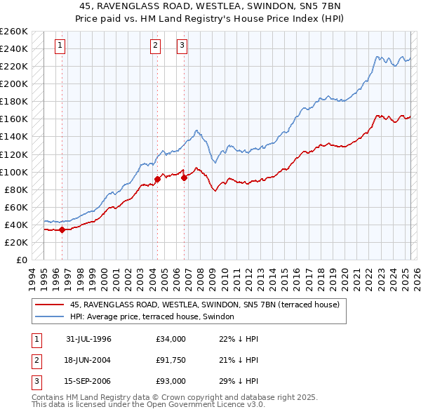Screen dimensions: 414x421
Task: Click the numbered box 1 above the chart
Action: tap(61, 46)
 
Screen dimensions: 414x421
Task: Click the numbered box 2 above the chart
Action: tap(155, 46)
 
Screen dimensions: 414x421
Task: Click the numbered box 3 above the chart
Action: tap(182, 46)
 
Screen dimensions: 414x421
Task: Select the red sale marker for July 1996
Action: tap(62, 229)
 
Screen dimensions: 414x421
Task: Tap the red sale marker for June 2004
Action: tap(157, 179)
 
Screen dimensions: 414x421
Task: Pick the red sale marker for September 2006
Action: tap(185, 178)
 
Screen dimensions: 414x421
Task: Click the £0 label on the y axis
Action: tap(21, 260)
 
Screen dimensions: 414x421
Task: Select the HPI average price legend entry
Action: tap(156, 317)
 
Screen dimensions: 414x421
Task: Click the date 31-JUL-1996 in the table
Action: tap(89, 339)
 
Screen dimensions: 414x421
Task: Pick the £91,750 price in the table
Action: tap(171, 360)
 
